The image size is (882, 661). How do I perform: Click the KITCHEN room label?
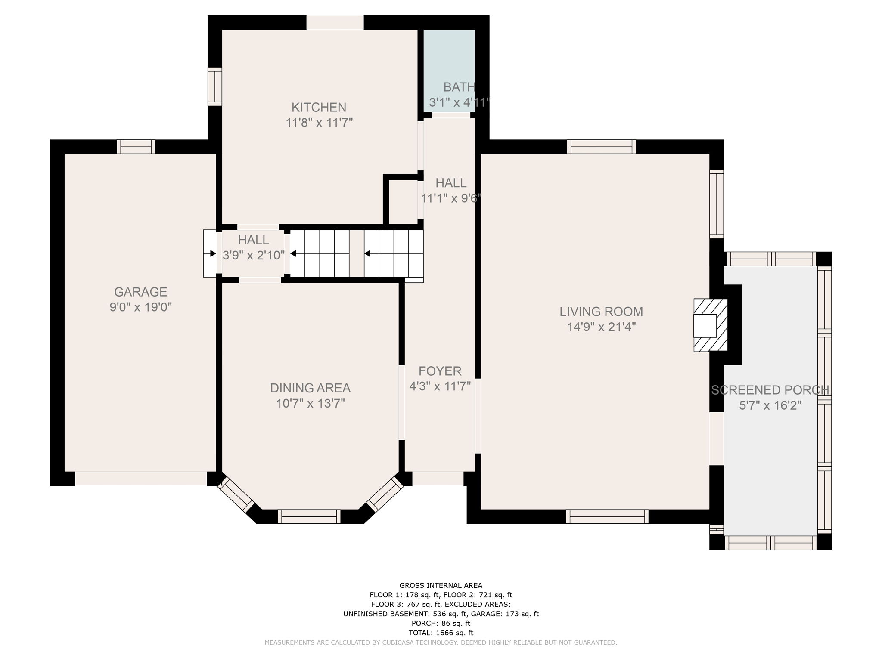[x=319, y=107]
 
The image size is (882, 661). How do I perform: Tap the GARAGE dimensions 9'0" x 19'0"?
[x=140, y=307]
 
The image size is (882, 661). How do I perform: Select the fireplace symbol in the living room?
[x=710, y=325]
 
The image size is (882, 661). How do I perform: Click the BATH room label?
[x=459, y=87]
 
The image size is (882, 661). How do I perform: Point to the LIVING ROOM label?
[x=601, y=312]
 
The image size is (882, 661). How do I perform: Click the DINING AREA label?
[x=310, y=388]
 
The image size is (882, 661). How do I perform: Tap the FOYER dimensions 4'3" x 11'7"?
[x=440, y=386]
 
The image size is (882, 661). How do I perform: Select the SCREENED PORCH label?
[x=770, y=390]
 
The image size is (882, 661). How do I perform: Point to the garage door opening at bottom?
[x=141, y=479]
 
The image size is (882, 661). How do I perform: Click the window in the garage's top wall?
[x=136, y=147]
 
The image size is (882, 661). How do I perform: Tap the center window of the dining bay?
[x=309, y=516]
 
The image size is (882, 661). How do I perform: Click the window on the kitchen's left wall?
[x=214, y=86]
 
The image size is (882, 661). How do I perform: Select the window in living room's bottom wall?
[x=607, y=516]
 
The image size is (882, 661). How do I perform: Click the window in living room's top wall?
[x=601, y=147]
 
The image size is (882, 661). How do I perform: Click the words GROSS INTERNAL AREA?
[x=441, y=585]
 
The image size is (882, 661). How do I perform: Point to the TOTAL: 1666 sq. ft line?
[x=441, y=633]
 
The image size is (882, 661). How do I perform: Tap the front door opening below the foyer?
[x=438, y=479]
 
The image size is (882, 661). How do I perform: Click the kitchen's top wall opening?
[x=335, y=23]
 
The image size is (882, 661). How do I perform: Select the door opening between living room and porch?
[x=716, y=439]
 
